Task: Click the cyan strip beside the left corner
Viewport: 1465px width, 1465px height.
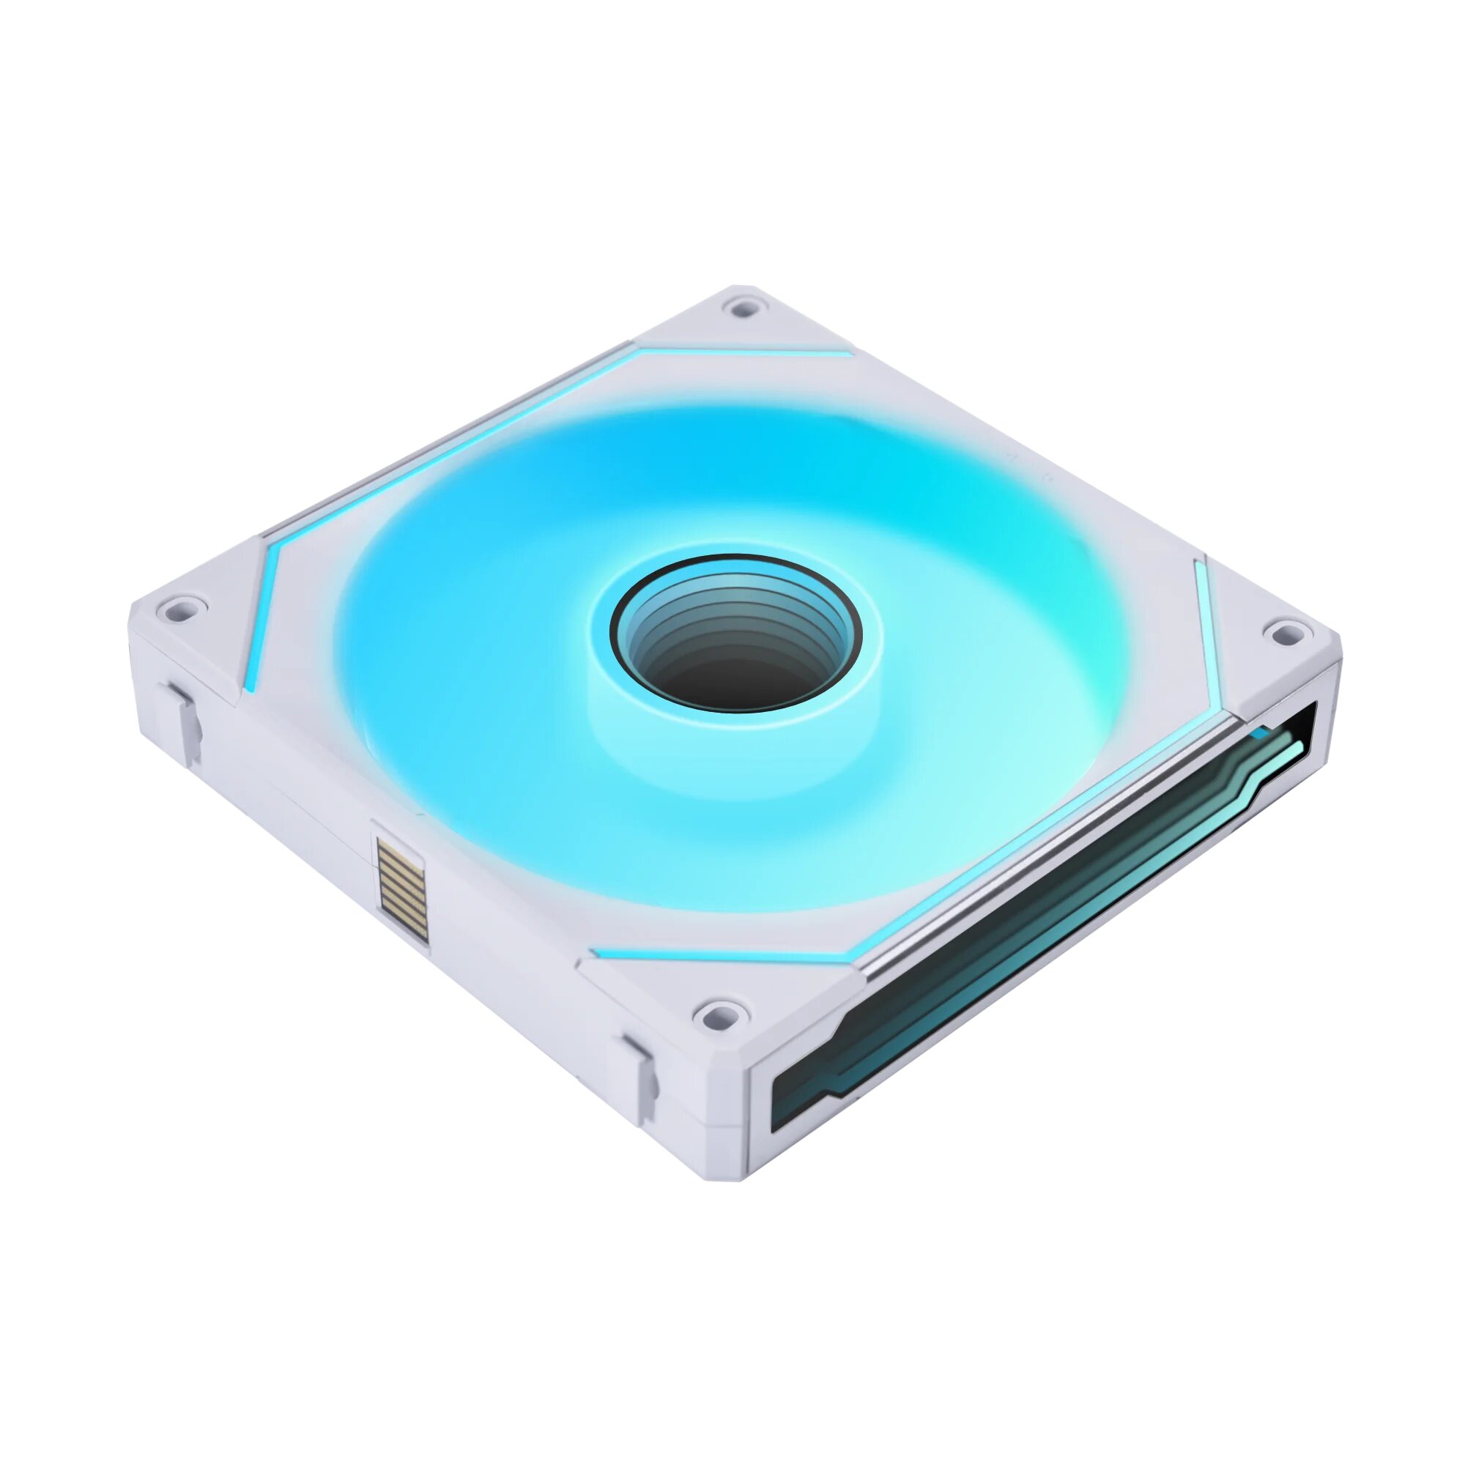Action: tap(262, 607)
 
